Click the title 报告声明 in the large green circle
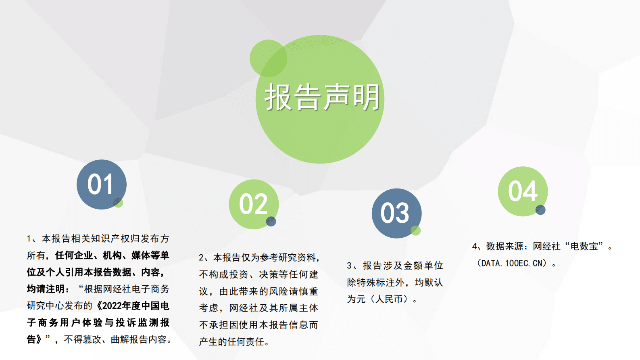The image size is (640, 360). click(x=322, y=97)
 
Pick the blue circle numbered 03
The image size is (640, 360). click(x=396, y=213)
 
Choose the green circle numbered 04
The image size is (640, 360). click(x=523, y=191)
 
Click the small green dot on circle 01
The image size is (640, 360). click(x=118, y=203)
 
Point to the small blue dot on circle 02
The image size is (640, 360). click(x=271, y=221)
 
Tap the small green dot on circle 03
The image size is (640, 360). click(x=416, y=230)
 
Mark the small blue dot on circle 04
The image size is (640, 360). click(x=540, y=210)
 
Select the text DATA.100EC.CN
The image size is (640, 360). click(x=512, y=264)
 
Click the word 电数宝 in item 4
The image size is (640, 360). click(x=584, y=246)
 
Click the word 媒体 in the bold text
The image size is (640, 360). click(x=141, y=255)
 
